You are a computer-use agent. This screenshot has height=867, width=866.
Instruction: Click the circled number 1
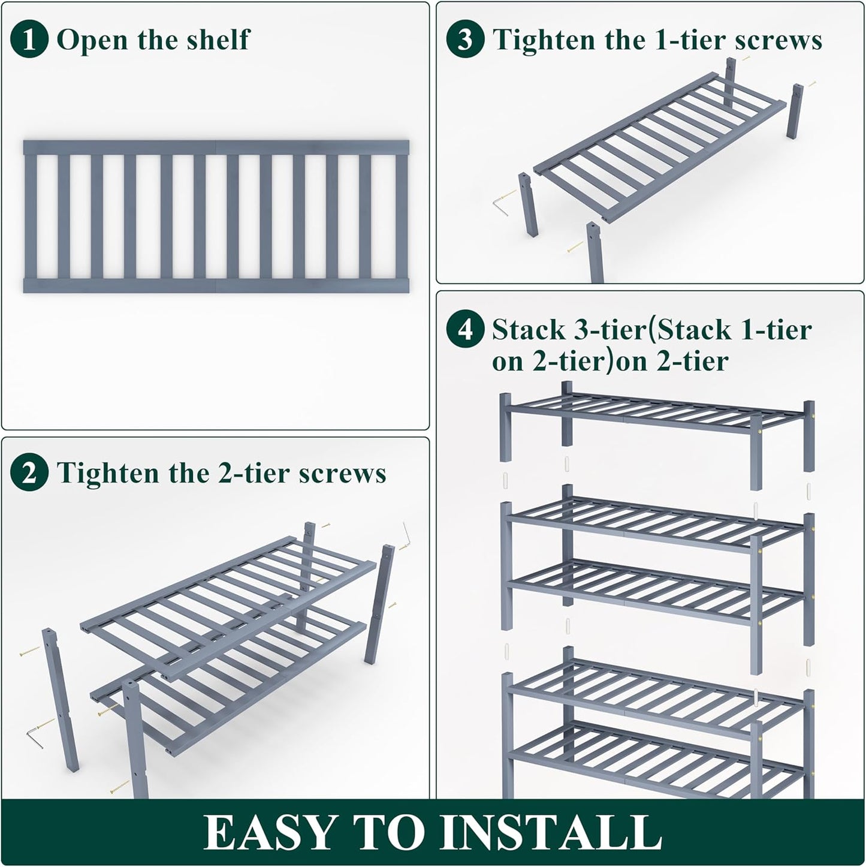(29, 40)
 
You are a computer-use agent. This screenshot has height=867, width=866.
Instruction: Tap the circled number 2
(29, 473)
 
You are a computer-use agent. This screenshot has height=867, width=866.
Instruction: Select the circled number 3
(465, 40)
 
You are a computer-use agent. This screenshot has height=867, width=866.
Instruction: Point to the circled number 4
(465, 330)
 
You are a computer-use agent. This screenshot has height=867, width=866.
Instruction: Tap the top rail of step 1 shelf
(216, 147)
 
